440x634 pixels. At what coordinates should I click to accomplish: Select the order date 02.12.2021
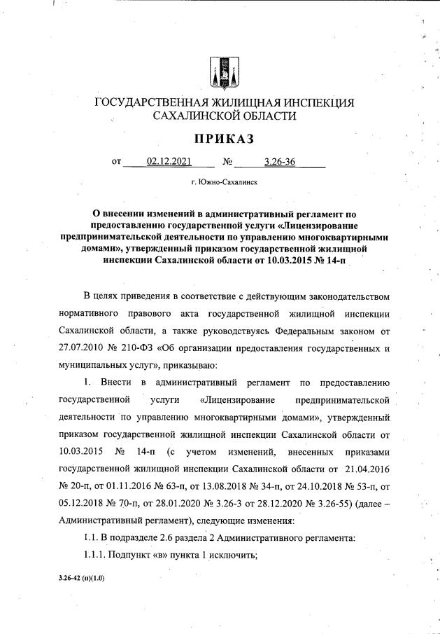click(x=169, y=163)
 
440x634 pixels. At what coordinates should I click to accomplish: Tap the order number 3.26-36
click(x=280, y=163)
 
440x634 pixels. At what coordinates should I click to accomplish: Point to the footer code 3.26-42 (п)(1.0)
click(x=82, y=581)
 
